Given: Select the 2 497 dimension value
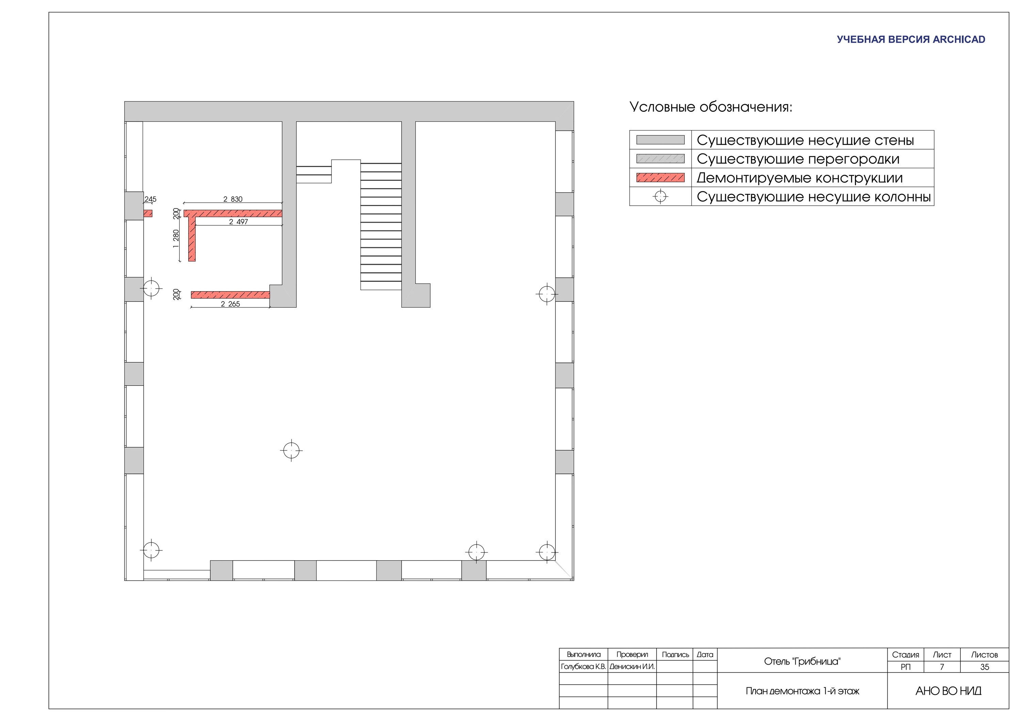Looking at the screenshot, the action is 238,222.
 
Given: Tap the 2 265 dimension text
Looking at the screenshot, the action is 230,304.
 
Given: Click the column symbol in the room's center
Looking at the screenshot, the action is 291,450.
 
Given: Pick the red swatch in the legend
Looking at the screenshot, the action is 660,178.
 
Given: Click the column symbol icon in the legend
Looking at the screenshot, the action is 660,196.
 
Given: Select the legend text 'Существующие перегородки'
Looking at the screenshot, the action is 798,159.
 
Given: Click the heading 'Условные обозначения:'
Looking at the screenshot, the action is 711,107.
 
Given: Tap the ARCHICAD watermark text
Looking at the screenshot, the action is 911,39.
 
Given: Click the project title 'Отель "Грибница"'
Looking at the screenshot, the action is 802,662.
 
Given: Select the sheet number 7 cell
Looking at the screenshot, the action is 942,667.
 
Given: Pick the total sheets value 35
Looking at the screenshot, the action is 985,667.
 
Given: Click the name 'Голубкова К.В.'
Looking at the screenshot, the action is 583,667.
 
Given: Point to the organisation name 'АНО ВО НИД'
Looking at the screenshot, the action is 948,691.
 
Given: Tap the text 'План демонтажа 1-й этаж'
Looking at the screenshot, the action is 802,691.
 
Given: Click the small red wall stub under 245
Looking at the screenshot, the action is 148,213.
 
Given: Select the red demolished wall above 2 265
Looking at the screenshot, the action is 230,295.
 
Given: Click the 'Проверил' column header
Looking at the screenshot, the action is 632,654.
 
